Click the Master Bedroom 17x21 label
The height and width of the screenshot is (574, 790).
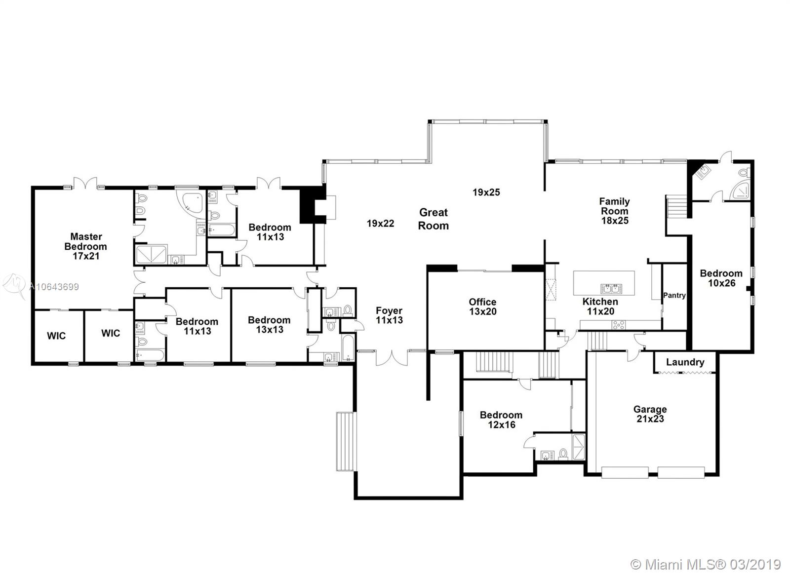[x=86, y=246]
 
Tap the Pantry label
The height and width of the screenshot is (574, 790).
[x=674, y=295]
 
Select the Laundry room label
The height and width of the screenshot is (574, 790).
[x=685, y=362]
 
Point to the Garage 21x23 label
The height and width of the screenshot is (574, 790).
[x=650, y=414]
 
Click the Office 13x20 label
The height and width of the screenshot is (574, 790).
[x=482, y=306]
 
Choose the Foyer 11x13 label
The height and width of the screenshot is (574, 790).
[x=389, y=315]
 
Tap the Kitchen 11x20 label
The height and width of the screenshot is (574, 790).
[x=600, y=306]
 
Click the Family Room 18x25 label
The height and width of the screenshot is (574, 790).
[x=614, y=211]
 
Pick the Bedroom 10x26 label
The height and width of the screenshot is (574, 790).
[x=721, y=278]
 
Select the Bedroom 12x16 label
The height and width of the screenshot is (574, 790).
[x=501, y=420]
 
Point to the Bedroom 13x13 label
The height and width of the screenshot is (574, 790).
[x=269, y=324]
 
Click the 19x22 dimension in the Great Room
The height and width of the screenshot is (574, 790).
[x=380, y=223]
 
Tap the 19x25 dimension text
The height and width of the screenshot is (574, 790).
[x=486, y=192]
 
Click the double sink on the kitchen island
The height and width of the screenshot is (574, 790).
[x=611, y=289]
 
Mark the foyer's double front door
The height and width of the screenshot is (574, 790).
[x=392, y=357]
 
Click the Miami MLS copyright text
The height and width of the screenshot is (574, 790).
[x=706, y=555]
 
